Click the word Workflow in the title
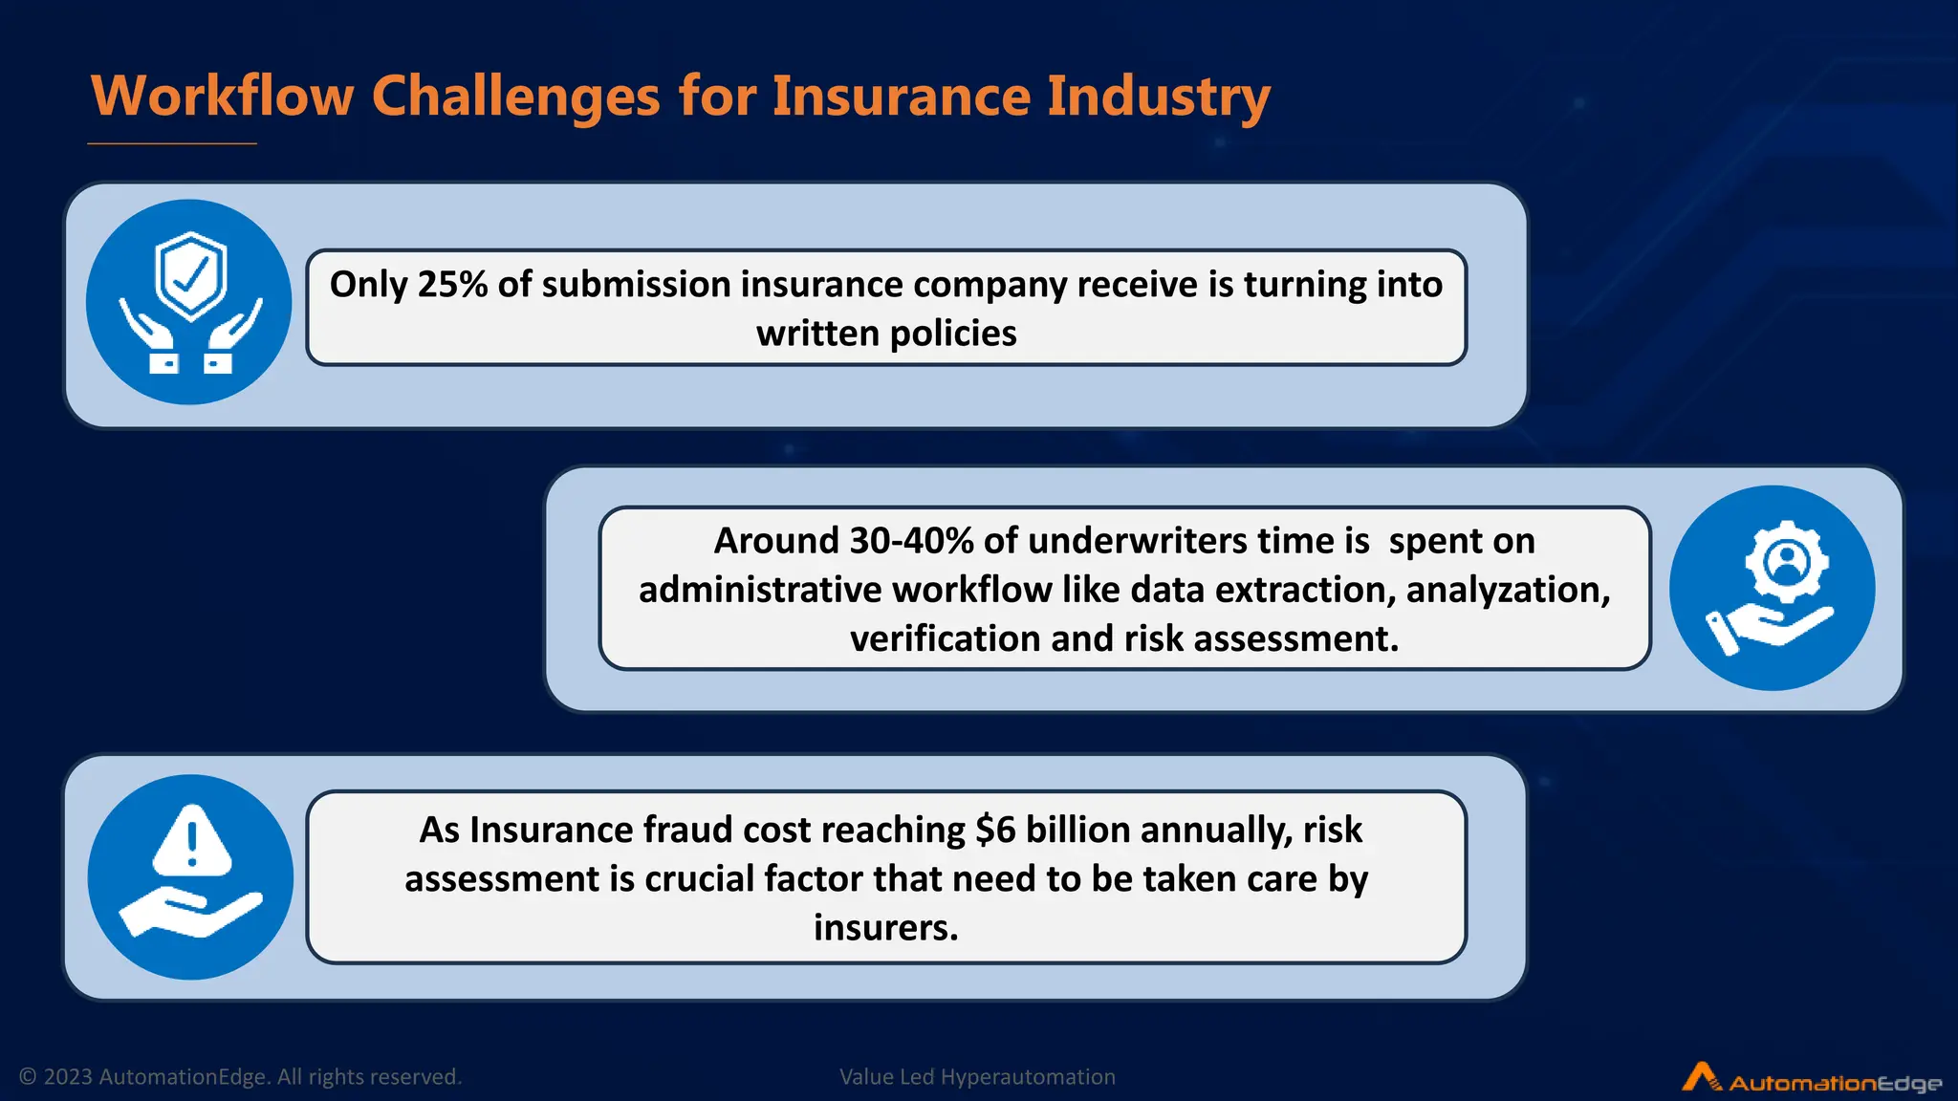(x=222, y=97)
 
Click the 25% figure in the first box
(x=453, y=285)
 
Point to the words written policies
(x=886, y=334)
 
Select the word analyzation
(x=1508, y=591)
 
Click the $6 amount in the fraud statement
(x=995, y=830)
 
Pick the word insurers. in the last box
(x=886, y=927)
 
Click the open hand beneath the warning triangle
(x=190, y=912)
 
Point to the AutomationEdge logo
(x=1812, y=1079)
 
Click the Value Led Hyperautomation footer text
(x=977, y=1077)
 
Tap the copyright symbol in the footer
(x=29, y=1077)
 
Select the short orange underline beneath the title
(x=172, y=143)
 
